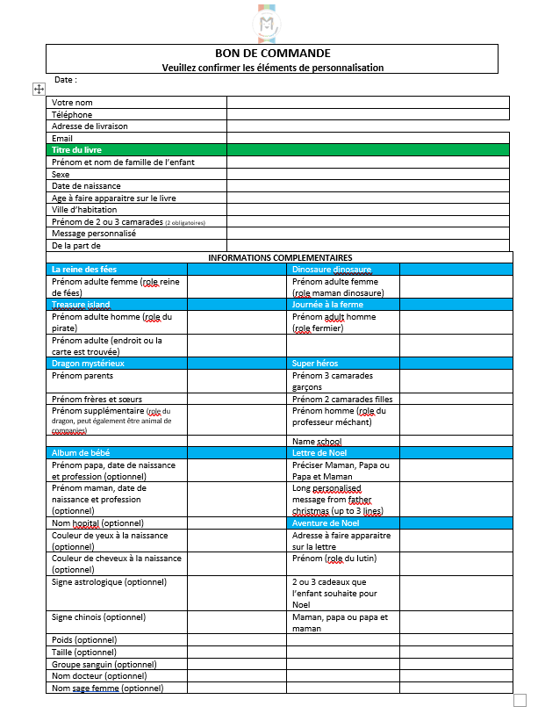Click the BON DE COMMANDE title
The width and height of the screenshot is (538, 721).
(x=272, y=54)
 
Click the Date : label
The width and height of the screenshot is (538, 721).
(x=65, y=80)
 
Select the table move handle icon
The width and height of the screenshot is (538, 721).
(x=39, y=89)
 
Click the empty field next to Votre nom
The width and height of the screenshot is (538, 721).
(x=368, y=103)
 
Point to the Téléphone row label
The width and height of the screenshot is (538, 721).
(x=72, y=114)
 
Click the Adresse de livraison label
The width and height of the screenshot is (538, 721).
(x=90, y=126)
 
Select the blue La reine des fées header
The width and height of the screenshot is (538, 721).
(x=84, y=269)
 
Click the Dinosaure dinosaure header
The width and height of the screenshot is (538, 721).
(x=332, y=269)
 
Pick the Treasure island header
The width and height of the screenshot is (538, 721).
(x=81, y=305)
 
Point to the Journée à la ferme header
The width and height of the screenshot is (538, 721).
(x=327, y=305)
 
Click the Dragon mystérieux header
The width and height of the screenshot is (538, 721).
(x=88, y=363)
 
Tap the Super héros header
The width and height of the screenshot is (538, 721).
(x=315, y=363)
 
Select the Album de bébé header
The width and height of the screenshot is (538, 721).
(x=81, y=452)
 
